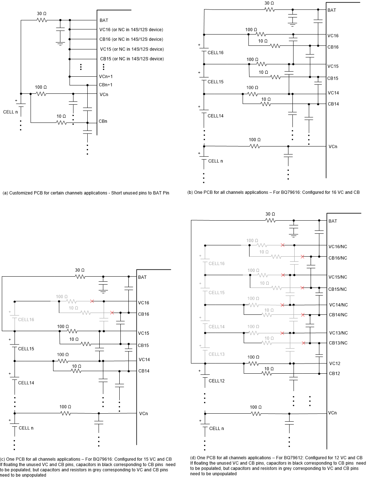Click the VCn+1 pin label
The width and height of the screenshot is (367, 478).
click(x=106, y=77)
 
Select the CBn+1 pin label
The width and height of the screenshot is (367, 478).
click(x=106, y=85)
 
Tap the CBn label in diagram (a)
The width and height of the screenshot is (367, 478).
click(x=103, y=121)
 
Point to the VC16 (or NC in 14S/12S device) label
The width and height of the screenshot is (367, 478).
click(x=131, y=30)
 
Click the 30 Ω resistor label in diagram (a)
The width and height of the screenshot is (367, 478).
click(x=41, y=14)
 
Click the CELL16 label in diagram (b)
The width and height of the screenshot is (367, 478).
click(x=215, y=53)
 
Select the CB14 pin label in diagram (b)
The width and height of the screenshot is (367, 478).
click(x=333, y=104)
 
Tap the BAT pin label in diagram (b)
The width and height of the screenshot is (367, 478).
click(x=332, y=10)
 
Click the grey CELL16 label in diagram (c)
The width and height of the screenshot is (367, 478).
click(x=26, y=320)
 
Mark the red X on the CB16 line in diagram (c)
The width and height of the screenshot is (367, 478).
click(x=112, y=313)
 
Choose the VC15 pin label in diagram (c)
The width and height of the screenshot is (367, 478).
click(x=144, y=333)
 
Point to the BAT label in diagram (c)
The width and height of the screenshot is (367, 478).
click(x=142, y=277)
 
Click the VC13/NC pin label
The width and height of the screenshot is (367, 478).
click(x=338, y=333)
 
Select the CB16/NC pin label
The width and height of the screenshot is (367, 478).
click(x=338, y=258)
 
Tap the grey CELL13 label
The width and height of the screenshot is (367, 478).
click(x=216, y=354)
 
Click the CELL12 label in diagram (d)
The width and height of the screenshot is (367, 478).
click(x=216, y=381)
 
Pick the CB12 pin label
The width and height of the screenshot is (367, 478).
click(x=334, y=374)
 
